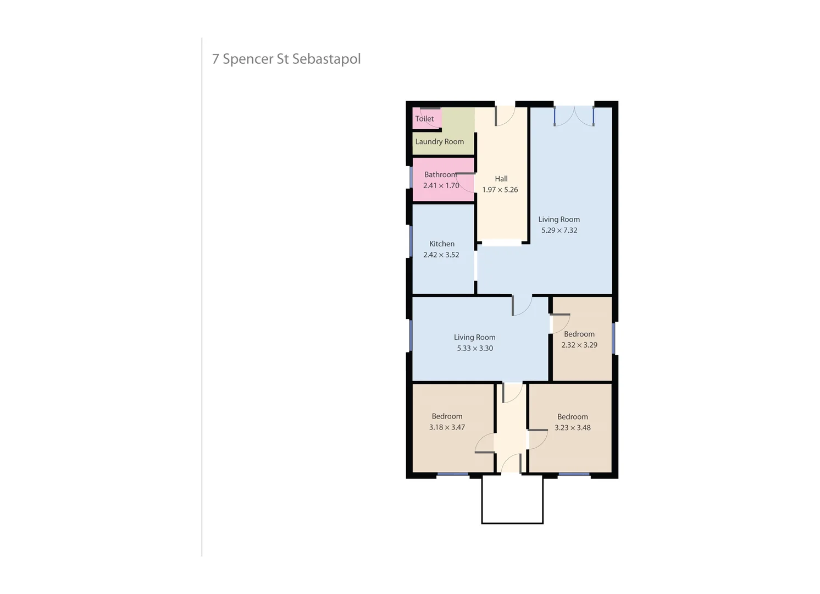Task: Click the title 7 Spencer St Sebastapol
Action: (286, 59)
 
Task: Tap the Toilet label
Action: (424, 119)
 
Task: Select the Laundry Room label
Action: (439, 142)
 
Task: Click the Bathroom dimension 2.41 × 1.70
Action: (441, 186)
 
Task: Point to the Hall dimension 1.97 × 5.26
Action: (500, 190)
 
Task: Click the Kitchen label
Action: (441, 244)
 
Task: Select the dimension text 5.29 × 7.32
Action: (559, 230)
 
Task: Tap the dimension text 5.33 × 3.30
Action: (474, 348)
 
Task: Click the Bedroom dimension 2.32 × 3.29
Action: (579, 345)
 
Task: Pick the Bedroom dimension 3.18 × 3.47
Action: (447, 427)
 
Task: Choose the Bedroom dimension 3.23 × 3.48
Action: (572, 428)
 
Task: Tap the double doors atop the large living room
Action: (574, 116)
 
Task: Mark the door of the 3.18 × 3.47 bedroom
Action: (485, 443)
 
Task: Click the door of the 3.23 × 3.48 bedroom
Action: (537, 438)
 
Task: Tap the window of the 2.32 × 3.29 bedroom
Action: (614, 338)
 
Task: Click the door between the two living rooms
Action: (521, 305)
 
